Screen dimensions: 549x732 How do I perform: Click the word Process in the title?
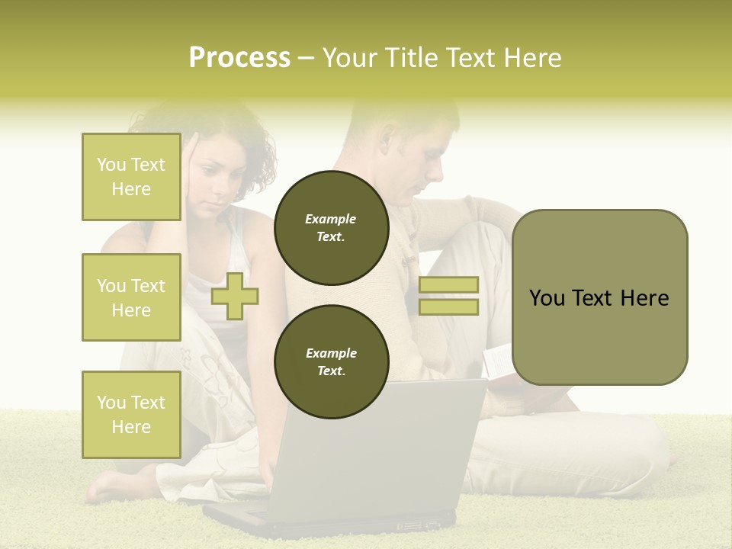pos(239,58)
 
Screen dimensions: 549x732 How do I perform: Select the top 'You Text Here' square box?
pos(131,177)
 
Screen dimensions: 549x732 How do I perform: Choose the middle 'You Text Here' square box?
pos(131,297)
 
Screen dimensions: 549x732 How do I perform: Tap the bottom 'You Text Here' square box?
pos(131,414)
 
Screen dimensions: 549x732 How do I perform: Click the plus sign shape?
pos(235,297)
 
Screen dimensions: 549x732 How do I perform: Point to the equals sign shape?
pos(448,296)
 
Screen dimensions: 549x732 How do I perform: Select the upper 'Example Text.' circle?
pos(331,227)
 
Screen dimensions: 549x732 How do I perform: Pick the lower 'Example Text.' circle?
pos(331,361)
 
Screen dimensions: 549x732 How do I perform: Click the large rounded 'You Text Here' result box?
pos(599,297)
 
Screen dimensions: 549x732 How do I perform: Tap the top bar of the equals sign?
pos(448,284)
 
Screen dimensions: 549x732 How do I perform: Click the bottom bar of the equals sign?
pos(448,307)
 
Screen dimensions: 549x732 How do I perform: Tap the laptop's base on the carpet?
pos(335,522)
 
